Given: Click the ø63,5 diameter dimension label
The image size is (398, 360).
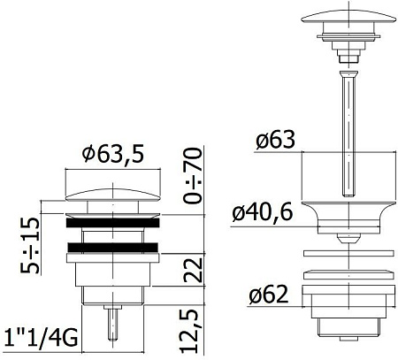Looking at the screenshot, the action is (x=113, y=154).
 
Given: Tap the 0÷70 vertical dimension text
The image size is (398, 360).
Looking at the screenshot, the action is (x=193, y=175).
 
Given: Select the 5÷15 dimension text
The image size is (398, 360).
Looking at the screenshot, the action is (x=29, y=245).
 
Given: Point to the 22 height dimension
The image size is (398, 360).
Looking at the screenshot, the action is (x=193, y=270).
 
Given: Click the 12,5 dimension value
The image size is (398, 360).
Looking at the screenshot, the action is (x=193, y=331).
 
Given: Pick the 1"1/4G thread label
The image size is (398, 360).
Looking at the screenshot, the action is (x=42, y=338).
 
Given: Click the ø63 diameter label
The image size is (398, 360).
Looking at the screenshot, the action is (x=275, y=140).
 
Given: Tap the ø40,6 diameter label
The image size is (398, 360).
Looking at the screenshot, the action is (x=263, y=212).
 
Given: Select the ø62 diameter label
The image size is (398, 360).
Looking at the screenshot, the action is (x=268, y=295).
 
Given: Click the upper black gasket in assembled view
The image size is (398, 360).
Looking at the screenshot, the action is (x=113, y=223).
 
